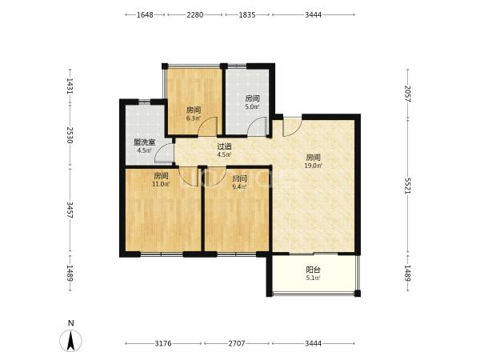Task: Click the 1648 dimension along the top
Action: pyautogui.click(x=145, y=14)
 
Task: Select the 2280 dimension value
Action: pyautogui.click(x=195, y=14)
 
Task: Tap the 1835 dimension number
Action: pyautogui.click(x=247, y=14)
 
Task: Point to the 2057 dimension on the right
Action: pyautogui.click(x=407, y=94)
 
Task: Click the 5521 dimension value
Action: pyautogui.click(x=407, y=186)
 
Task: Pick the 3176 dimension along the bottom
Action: pyautogui.click(x=163, y=343)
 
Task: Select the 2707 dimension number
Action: pyautogui.click(x=237, y=343)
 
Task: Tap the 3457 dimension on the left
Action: pyautogui.click(x=70, y=210)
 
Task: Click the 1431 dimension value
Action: pyautogui.click(x=70, y=86)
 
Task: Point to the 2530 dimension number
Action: pyautogui.click(x=70, y=135)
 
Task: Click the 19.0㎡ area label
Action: pyautogui.click(x=313, y=166)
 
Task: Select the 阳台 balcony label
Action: pyautogui.click(x=313, y=270)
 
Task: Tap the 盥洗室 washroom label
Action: pyautogui.click(x=145, y=142)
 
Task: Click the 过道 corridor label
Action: pyautogui.click(x=224, y=146)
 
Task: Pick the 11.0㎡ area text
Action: pyautogui.click(x=161, y=184)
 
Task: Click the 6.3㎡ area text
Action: pyautogui.click(x=194, y=118)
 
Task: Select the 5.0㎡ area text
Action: pyautogui.click(x=253, y=107)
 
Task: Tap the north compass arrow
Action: pyautogui.click(x=71, y=341)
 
